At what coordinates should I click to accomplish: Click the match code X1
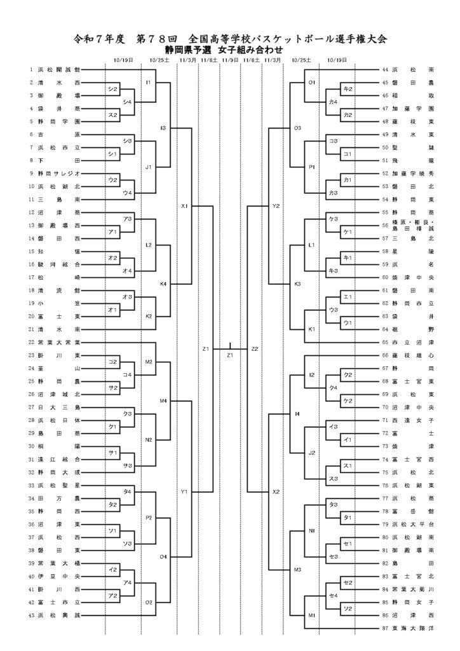click(x=185, y=206)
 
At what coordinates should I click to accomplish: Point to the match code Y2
click(x=276, y=206)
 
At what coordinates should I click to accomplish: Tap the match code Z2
click(x=255, y=349)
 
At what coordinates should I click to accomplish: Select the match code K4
click(x=163, y=284)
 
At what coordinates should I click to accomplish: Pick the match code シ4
click(x=127, y=102)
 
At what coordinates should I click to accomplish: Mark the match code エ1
click(x=347, y=297)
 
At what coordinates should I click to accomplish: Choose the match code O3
click(x=297, y=128)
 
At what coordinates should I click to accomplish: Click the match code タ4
click(x=127, y=491)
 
